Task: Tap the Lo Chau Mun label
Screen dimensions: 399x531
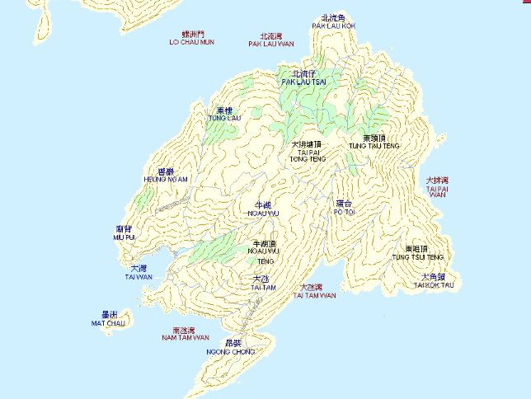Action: pos(191,38)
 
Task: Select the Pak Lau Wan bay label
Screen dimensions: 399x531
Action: pos(270,40)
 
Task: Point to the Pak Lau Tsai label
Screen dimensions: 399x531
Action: pos(304,78)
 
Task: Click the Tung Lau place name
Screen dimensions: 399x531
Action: pos(224,114)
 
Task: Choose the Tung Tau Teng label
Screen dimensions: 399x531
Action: pos(374,142)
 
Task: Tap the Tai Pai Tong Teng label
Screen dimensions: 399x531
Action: pos(307,151)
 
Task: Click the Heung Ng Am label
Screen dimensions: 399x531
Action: pos(166,175)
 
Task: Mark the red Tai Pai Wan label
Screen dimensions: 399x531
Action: pos(437,186)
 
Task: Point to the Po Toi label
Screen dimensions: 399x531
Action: pos(343,207)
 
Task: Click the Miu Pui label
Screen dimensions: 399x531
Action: pos(125,232)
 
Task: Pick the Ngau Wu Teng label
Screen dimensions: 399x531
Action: pos(264,251)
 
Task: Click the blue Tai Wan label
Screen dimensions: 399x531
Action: pos(139,273)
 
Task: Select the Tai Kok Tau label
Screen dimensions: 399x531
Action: pos(434,281)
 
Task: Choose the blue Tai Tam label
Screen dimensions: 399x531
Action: pos(263,284)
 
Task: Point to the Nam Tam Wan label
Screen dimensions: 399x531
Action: pos(185,334)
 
